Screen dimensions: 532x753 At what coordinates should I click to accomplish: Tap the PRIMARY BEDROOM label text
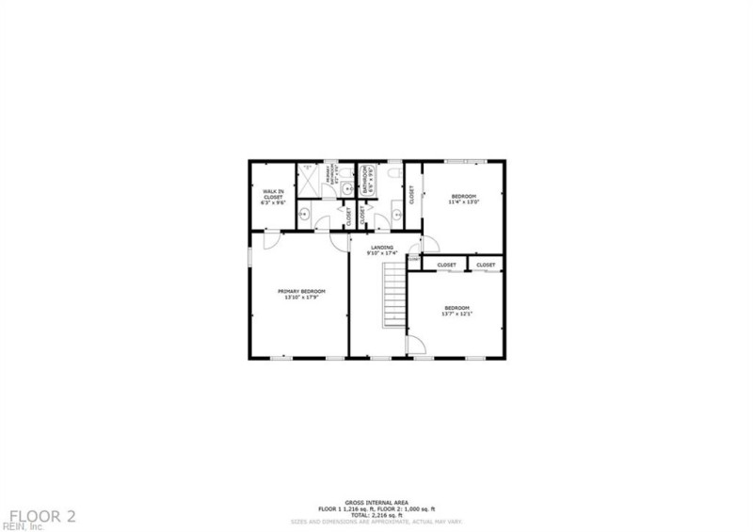pos(301,291)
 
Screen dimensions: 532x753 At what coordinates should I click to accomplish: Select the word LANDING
pos(381,248)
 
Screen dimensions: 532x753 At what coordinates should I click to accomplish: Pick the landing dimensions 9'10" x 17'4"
pos(381,252)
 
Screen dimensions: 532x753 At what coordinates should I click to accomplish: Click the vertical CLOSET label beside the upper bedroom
pos(411,193)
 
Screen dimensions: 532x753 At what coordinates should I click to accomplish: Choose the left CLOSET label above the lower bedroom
pos(446,266)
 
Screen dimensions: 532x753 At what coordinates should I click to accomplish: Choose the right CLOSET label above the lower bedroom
pos(486,266)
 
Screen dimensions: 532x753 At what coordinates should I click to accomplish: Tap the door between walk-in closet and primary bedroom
pos(268,241)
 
